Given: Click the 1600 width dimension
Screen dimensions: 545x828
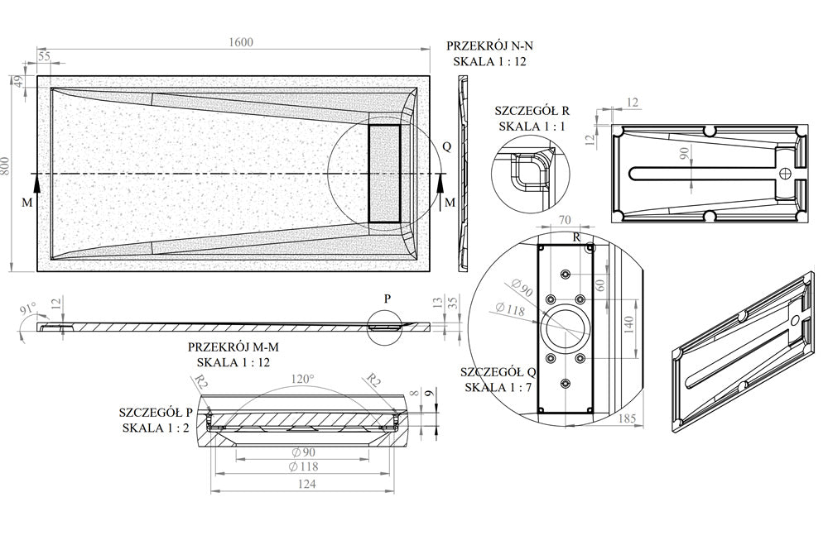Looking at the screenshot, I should coord(240,43).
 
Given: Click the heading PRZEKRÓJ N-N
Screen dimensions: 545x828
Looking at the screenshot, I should coord(489,45).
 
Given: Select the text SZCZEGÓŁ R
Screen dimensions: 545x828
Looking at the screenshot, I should coord(532,110).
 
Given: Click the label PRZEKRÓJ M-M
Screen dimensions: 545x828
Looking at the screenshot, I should coord(233,348).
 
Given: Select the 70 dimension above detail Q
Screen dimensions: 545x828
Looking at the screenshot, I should coord(566,220).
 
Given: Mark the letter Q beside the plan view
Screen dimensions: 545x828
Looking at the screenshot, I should coord(447,147).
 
